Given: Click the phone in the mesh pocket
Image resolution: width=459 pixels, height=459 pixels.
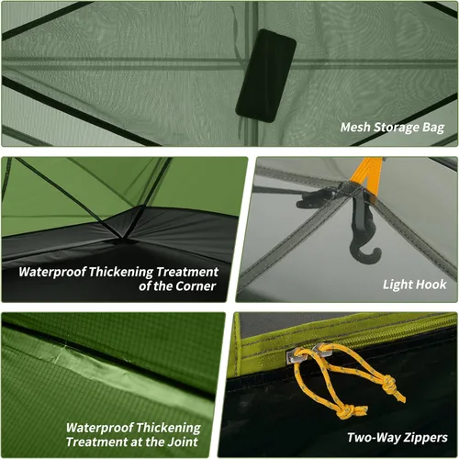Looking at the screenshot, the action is [x=265, y=76].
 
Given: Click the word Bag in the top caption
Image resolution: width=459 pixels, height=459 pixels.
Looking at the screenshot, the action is [x=433, y=128].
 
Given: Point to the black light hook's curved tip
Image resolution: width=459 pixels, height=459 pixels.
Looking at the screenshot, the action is [x=378, y=252].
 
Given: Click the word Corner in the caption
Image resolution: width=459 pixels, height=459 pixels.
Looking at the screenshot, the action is [x=196, y=286].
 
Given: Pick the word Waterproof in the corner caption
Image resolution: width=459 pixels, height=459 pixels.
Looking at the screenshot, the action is [x=51, y=272].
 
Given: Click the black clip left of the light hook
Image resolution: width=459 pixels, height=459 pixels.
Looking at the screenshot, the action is [x=315, y=198].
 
